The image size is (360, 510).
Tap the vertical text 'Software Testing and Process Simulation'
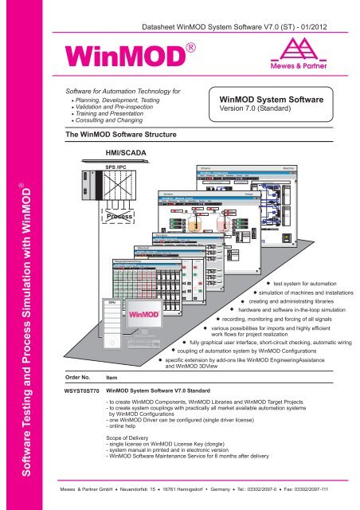[x=18, y=319]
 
